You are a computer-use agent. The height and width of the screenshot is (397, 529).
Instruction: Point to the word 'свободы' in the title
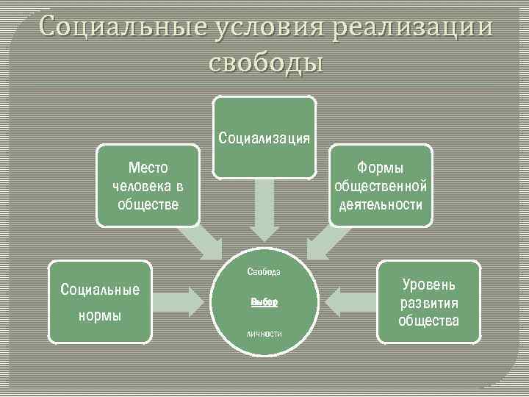point(265,62)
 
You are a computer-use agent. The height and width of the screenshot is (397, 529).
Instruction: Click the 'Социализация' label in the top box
point(264,137)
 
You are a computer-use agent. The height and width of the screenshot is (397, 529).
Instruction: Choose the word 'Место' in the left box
point(148,168)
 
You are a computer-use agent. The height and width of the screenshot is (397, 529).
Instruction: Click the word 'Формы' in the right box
point(381,168)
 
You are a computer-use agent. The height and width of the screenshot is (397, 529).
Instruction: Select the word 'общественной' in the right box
point(381,186)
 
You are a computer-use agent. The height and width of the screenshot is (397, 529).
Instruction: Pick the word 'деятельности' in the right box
point(381,204)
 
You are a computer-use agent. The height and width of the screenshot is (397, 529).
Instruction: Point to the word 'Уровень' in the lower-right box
point(429,285)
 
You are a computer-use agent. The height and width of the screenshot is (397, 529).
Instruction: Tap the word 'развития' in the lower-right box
point(429,303)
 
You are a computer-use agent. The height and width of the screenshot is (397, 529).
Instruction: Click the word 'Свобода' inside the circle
point(264,271)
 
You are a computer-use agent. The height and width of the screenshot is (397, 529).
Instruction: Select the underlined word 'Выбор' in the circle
point(264,302)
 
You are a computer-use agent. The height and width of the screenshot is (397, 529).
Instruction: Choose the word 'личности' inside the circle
point(264,334)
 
